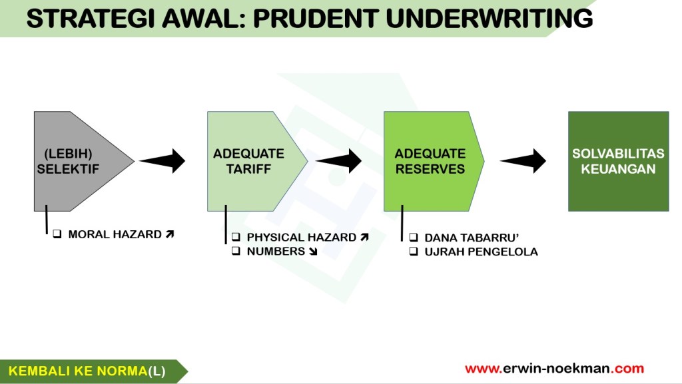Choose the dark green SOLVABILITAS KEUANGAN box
click(x=618, y=161)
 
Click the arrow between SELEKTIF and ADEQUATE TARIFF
click(x=163, y=160)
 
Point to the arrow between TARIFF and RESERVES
click(x=340, y=160)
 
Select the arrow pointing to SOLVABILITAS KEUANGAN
click(x=524, y=160)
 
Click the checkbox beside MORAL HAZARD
click(x=57, y=234)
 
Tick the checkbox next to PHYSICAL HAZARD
click(x=236, y=238)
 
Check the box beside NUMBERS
click(x=236, y=252)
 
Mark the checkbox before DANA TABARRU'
click(x=413, y=238)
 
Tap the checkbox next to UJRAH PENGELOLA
click(x=413, y=252)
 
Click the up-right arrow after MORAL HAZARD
click(x=170, y=234)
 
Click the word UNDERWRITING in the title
click(x=490, y=19)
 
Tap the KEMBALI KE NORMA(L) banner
click(x=87, y=371)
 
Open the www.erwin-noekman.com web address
click(x=554, y=369)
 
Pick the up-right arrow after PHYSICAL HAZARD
click(x=364, y=238)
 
